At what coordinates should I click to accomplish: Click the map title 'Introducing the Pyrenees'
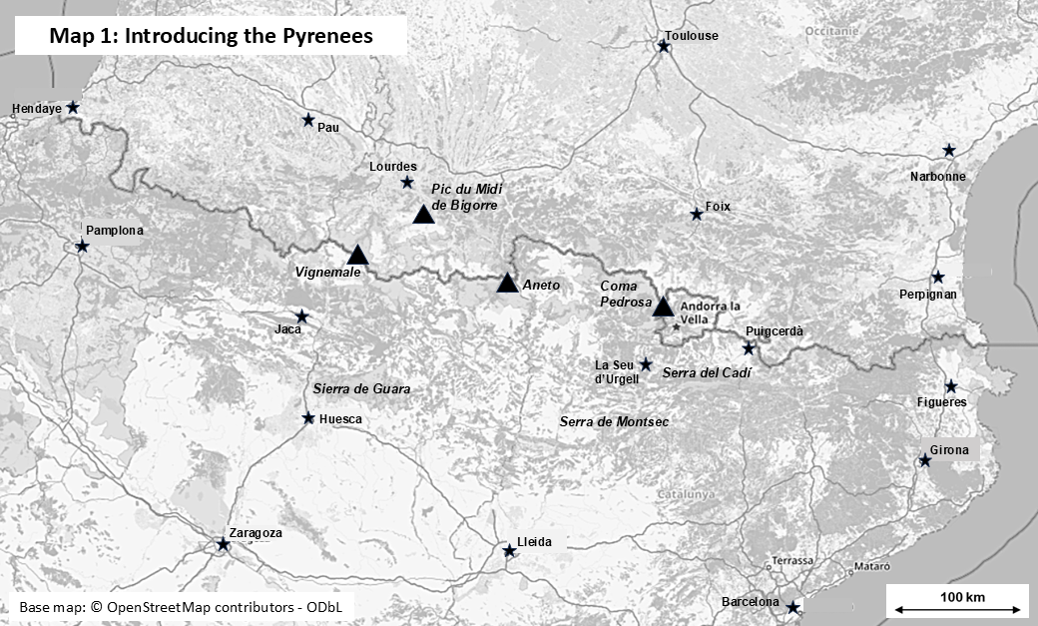[x=211, y=36]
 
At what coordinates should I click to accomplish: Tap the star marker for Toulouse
[x=663, y=45]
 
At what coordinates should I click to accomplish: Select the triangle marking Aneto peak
[x=507, y=284]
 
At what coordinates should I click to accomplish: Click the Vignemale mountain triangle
[x=357, y=255]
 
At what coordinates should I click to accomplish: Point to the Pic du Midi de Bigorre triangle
[x=423, y=214]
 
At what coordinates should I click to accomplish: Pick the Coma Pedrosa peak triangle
[x=663, y=307]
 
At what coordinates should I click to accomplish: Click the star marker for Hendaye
[x=73, y=107]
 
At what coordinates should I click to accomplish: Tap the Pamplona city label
[x=114, y=230]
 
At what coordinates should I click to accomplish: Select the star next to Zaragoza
[x=223, y=544]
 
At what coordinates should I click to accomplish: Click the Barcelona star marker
[x=792, y=607]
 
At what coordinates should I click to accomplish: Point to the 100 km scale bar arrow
[x=958, y=608]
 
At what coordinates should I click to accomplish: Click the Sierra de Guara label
[x=361, y=388]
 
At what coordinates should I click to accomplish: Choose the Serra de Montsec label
[x=614, y=422]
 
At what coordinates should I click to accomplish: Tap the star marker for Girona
[x=925, y=460]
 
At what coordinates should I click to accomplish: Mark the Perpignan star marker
[x=937, y=277]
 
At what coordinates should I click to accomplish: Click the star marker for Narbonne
[x=949, y=151]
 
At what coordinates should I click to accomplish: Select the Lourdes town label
[x=392, y=167]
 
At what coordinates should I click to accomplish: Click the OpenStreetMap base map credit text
[x=179, y=607]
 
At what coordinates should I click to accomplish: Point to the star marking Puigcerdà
[x=749, y=348]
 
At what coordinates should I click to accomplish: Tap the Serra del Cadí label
[x=706, y=371]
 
